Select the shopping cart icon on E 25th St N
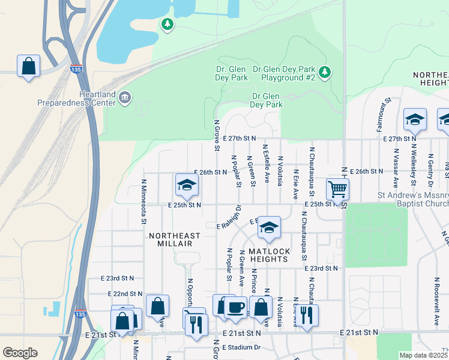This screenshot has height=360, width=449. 337,190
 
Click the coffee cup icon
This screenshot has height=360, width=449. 235,307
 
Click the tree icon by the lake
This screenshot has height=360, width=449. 167,24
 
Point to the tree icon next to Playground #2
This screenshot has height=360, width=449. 325,72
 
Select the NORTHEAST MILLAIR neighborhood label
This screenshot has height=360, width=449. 170,240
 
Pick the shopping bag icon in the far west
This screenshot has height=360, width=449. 28,66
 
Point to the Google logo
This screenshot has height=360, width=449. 20,353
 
